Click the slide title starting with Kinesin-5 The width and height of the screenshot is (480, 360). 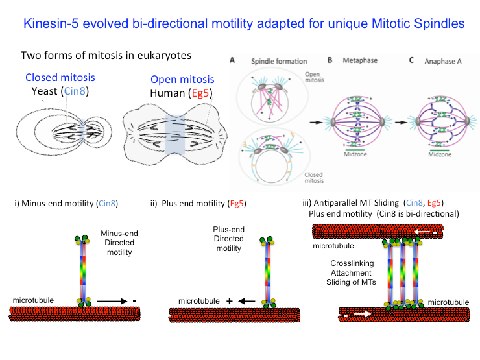(243, 24)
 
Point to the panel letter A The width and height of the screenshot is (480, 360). (232, 60)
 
